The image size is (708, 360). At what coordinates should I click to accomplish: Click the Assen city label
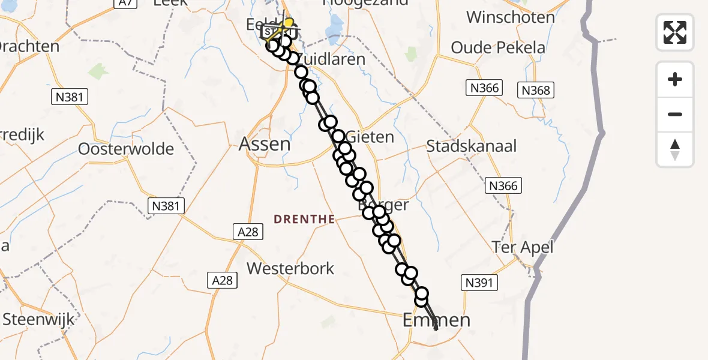(265, 143)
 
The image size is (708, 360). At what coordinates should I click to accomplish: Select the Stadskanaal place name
(471, 146)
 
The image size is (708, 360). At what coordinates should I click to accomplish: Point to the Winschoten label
(510, 17)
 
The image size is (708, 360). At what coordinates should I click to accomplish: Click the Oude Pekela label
(498, 47)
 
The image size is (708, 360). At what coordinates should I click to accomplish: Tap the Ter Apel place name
(522, 247)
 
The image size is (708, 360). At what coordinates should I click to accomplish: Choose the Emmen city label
(437, 320)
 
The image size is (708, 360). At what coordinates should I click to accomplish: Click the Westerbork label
(290, 268)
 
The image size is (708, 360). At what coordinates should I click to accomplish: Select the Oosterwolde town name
(126, 149)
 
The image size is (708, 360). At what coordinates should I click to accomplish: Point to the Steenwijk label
(38, 319)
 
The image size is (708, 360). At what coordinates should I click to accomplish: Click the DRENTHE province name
(304, 220)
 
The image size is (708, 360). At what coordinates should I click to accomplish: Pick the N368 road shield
(536, 90)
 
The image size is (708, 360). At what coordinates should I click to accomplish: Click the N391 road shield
(479, 283)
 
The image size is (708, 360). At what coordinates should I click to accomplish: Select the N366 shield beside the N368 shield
(484, 88)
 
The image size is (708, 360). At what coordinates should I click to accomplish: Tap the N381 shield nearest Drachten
(70, 97)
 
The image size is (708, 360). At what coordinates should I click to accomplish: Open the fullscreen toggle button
(675, 32)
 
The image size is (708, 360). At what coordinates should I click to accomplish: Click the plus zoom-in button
(675, 79)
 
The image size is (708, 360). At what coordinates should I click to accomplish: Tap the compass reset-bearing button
(675, 149)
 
